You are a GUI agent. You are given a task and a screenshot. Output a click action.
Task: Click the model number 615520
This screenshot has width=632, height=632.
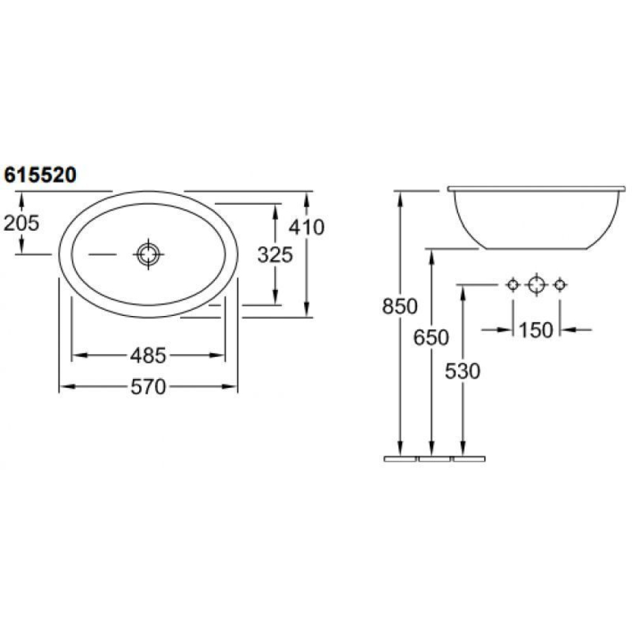coord(40,175)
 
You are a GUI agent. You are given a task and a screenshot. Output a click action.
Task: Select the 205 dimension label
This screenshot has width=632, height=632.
coord(21,223)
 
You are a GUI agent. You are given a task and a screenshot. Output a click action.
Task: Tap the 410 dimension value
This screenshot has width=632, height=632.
coord(307,228)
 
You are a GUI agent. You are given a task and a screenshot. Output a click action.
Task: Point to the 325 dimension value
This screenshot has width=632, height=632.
coord(275,255)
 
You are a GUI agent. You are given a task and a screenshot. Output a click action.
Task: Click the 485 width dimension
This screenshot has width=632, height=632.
coord(148,355)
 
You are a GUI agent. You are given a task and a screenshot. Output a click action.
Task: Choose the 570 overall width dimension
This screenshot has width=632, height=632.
coord(148,387)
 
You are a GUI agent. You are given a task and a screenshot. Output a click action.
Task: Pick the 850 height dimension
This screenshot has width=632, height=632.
coord(400,307)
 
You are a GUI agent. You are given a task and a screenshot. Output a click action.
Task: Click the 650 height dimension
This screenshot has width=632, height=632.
coord(431,337)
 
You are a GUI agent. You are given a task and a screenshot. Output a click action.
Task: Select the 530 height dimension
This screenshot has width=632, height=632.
coord(463,371)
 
